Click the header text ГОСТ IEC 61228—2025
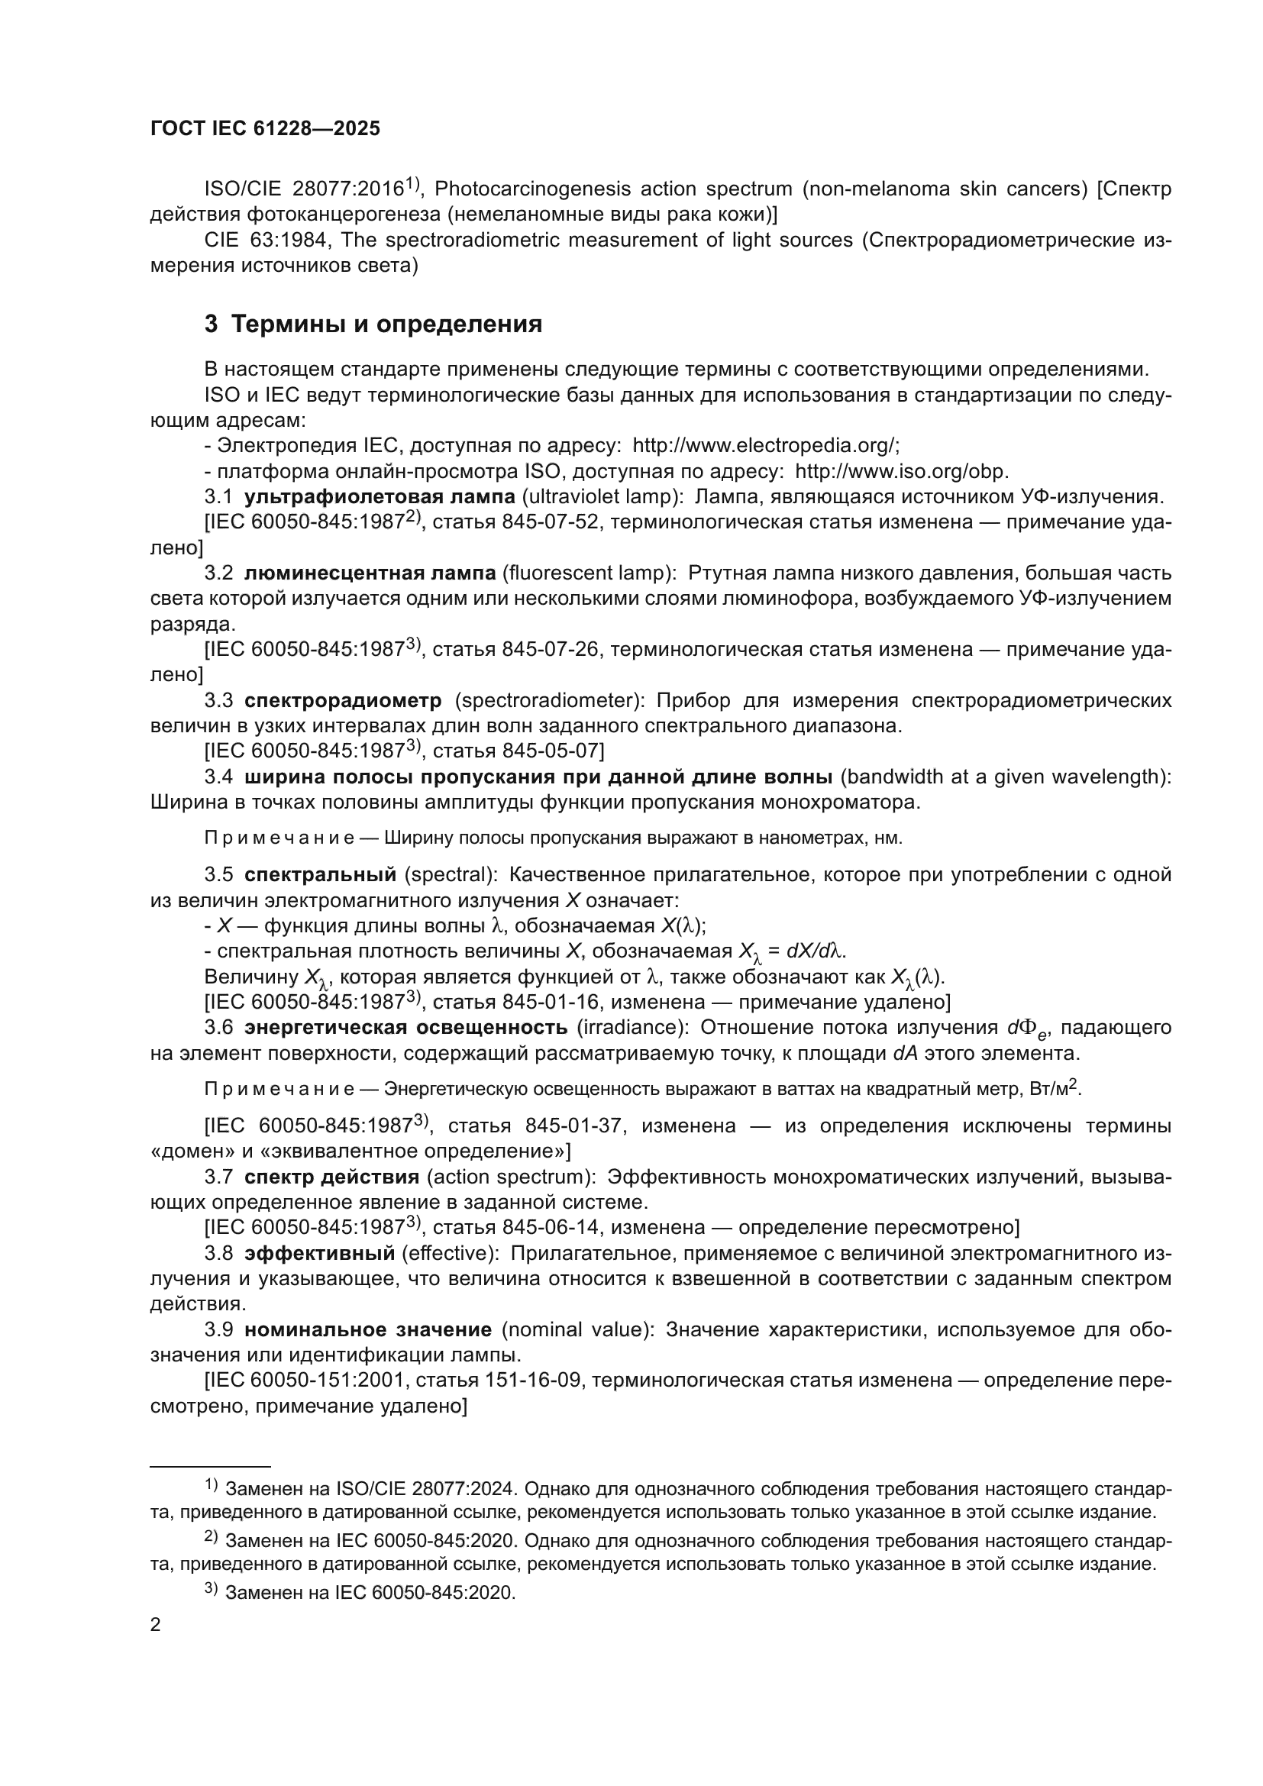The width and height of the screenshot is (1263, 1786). [265, 129]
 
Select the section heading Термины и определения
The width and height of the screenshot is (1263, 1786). [386, 324]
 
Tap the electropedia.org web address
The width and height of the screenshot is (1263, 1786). [765, 446]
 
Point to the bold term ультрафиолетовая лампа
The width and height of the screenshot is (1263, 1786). [380, 496]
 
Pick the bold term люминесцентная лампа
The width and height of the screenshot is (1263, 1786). [370, 573]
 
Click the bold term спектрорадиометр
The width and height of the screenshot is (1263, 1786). [343, 700]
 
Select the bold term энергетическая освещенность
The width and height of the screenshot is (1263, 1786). [406, 1028]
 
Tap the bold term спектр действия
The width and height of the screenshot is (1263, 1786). [332, 1177]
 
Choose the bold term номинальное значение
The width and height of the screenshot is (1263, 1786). [369, 1329]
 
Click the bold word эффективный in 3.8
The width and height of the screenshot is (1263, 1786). [320, 1253]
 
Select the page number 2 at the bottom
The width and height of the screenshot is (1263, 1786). [156, 1625]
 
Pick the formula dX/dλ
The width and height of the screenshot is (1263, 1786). [816, 951]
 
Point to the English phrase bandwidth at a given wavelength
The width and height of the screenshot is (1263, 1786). [1006, 777]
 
